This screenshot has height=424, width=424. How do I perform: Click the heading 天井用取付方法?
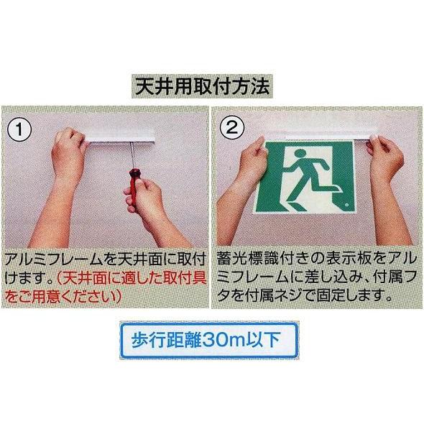click(202, 86)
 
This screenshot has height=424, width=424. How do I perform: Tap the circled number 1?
click(19, 129)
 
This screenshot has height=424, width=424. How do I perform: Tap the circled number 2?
click(231, 127)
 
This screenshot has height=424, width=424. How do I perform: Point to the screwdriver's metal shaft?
click(132, 155)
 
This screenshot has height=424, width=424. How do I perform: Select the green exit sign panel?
click(305, 177)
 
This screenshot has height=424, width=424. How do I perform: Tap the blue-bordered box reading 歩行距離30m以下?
click(209, 341)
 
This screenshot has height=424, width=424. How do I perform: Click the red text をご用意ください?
click(63, 297)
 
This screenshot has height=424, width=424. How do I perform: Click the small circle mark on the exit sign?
click(346, 206)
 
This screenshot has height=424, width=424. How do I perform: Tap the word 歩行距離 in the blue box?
click(166, 340)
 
